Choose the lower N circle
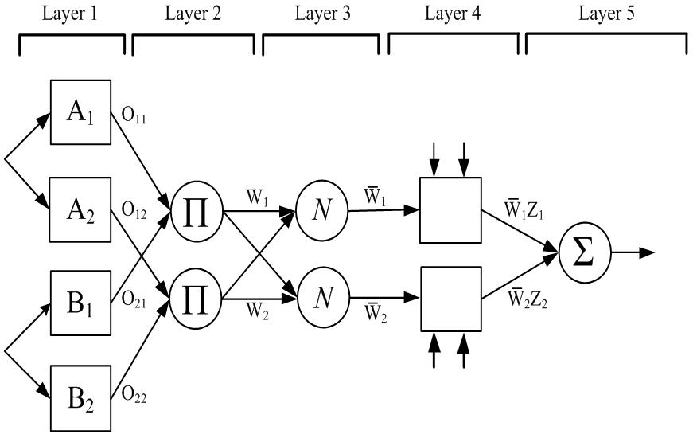(x=320, y=299)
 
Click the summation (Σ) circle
(x=586, y=255)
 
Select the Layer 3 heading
(x=321, y=14)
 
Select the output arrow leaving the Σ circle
(x=635, y=254)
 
